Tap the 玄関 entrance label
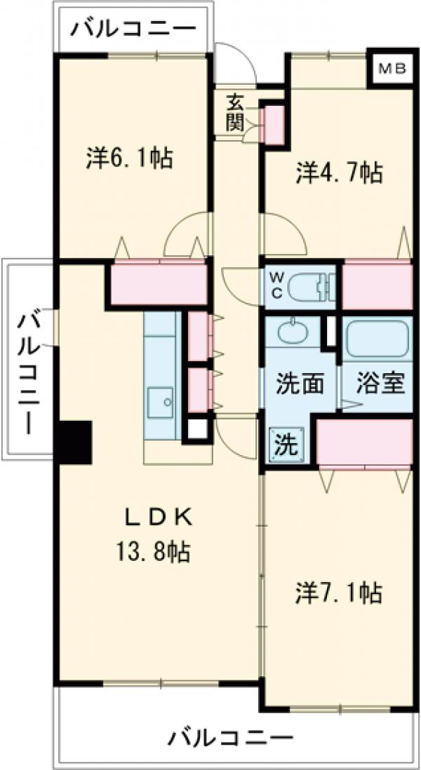[235, 113]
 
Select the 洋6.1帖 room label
[131, 158]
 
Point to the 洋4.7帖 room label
[339, 173]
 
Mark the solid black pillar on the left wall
[74, 442]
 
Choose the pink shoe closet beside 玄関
[273, 123]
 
